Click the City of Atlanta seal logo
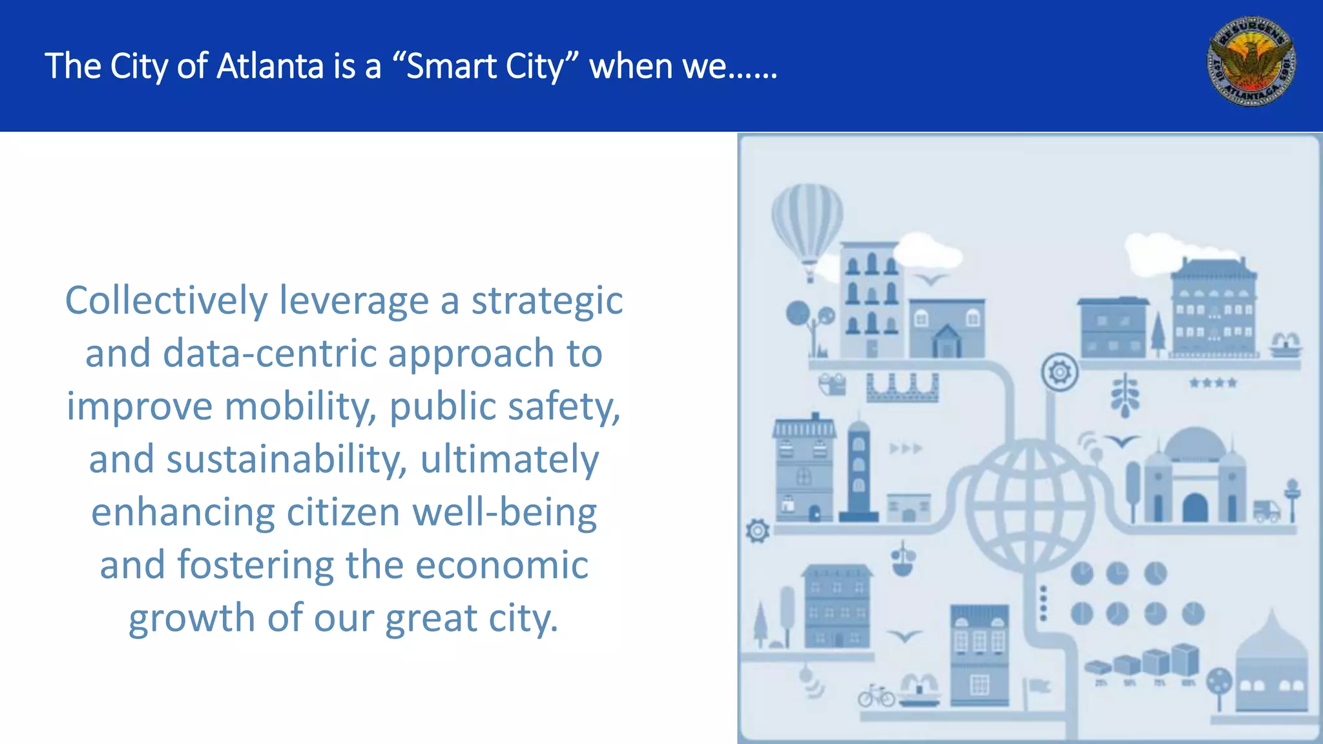[1251, 61]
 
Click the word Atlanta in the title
[270, 66]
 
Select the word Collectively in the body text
[167, 301]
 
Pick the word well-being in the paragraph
[505, 513]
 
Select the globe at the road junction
[1030, 504]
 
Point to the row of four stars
[1213, 383]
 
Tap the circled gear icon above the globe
[1059, 372]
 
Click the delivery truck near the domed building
[1267, 511]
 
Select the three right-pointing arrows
[906, 448]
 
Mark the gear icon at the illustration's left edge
[758, 531]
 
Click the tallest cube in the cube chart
[1185, 659]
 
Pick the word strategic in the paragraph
[547, 301]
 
